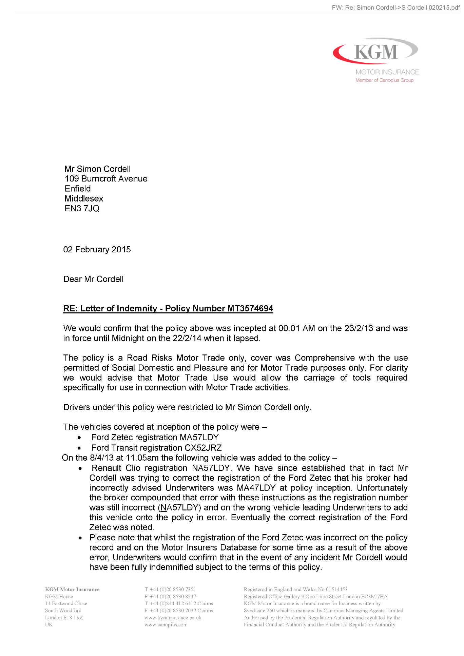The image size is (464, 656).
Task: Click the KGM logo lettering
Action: pos(376,52)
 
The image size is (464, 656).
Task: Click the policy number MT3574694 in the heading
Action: pos(250,309)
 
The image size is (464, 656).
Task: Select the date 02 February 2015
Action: pos(97,250)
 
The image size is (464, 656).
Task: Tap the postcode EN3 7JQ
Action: pos(82,209)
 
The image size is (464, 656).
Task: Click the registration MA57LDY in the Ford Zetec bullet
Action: pos(199,437)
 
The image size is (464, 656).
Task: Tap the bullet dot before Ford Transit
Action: pos(79,448)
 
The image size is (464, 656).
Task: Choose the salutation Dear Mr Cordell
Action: pos(94,279)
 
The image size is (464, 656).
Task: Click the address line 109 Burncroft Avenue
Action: pos(106,179)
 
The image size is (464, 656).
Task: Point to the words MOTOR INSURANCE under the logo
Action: pos(387,72)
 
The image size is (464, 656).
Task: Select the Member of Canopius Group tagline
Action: pos(384,80)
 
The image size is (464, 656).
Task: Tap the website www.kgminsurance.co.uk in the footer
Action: pos(173,618)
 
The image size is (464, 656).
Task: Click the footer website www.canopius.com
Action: pos(166,625)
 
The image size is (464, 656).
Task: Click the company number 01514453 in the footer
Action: pos(336,590)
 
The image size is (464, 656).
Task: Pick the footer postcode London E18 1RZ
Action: pos(64,618)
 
